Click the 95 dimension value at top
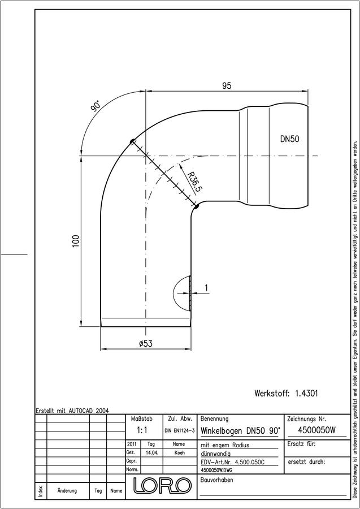[x=227, y=86]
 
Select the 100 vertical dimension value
[x=76, y=241]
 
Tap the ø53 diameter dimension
[x=146, y=343]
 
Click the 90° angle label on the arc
[x=96, y=106]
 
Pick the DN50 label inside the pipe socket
[x=289, y=139]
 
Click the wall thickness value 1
[x=206, y=288]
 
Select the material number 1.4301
[x=306, y=394]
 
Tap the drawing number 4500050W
[x=316, y=430]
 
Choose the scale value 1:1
[x=142, y=430]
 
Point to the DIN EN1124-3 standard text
[x=179, y=431]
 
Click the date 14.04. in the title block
[x=152, y=453]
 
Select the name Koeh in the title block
[x=179, y=453]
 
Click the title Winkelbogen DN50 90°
[x=241, y=431]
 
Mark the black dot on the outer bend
[x=132, y=141]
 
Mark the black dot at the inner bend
[x=196, y=205]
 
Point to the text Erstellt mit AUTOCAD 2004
[x=72, y=411]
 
